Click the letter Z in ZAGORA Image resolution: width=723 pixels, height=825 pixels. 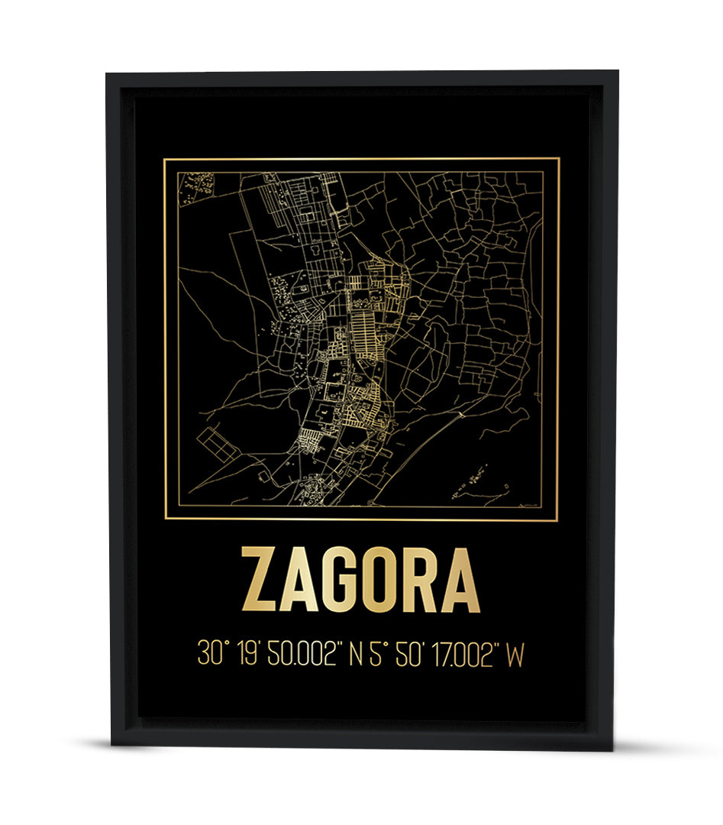pos(260,581)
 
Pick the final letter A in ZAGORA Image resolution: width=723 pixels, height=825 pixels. pos(461,581)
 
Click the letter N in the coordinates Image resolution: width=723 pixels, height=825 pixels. pos(356,655)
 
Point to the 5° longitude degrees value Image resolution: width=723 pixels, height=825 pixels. pos(376,655)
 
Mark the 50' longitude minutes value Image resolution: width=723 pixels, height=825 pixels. pos(410,655)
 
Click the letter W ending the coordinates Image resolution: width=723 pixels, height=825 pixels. pos(516,655)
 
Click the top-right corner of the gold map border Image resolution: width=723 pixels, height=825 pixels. pos(559,159)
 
